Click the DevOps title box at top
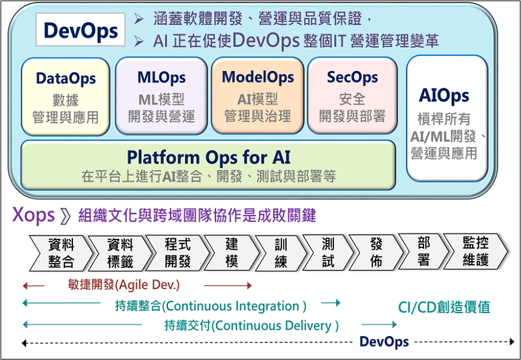81,30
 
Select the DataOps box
65,96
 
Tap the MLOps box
161,96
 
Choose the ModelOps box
257,96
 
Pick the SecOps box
352,96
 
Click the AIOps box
446,118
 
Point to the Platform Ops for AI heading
208,157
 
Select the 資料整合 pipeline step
61,253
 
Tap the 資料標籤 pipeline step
120,253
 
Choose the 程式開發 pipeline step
178,253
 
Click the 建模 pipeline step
232,253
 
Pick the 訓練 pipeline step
281,253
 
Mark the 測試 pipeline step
328,253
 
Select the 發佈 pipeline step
376,253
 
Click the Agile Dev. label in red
124,285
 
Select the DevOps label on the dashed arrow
384,342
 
